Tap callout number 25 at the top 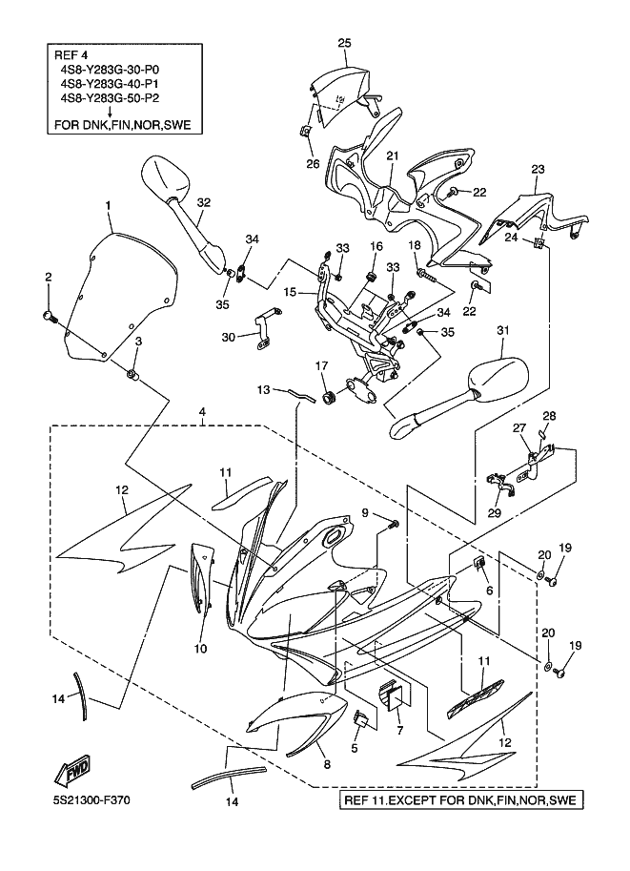point(344,42)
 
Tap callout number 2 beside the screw point(47,278)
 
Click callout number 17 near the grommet point(322,366)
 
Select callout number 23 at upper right point(538,169)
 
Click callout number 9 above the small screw point(364,513)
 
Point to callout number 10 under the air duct point(201,649)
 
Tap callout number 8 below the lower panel point(327,764)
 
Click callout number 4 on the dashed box point(202,413)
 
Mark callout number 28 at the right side point(549,415)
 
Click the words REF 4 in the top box point(71,54)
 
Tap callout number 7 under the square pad point(398,730)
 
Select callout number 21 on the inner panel point(392,156)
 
